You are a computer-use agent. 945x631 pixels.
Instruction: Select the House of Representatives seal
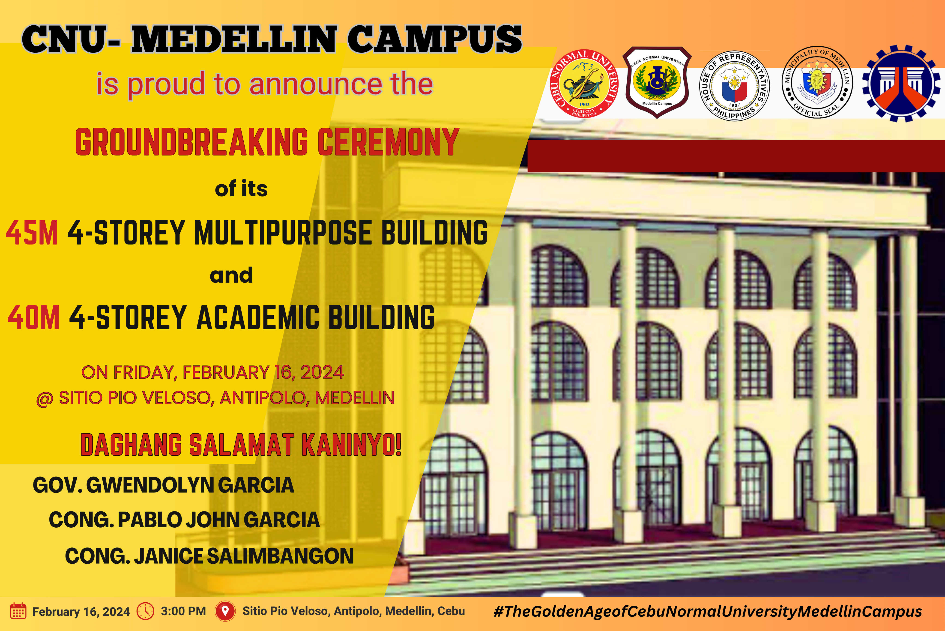pyautogui.click(x=735, y=86)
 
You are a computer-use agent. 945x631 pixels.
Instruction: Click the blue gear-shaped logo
pyautogui.click(x=901, y=83)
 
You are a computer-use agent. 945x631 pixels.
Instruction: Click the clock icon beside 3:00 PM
pyautogui.click(x=145, y=611)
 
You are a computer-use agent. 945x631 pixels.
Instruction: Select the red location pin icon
pyautogui.click(x=225, y=611)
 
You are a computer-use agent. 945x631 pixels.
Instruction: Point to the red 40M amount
pyautogui.click(x=33, y=318)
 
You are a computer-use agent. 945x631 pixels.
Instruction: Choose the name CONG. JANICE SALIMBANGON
pyautogui.click(x=209, y=556)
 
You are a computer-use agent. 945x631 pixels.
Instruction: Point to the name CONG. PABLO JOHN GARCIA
pyautogui.click(x=184, y=520)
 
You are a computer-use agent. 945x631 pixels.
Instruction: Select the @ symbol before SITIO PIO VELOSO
pyautogui.click(x=45, y=399)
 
